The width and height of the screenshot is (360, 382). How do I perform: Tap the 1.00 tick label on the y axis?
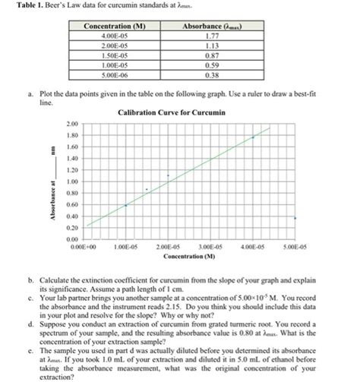(x=73, y=182)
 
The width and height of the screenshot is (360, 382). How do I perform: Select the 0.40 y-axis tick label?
(x=73, y=216)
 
